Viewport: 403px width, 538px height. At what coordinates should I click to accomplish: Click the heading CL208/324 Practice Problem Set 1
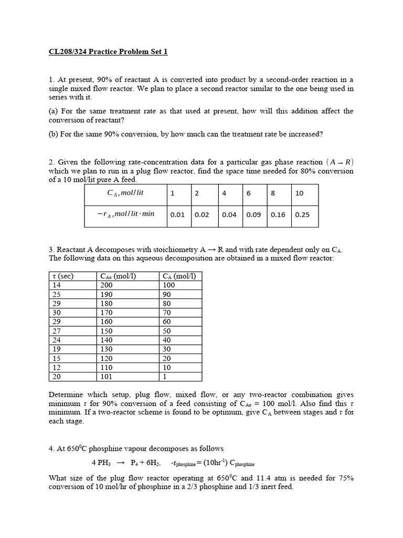pyautogui.click(x=108, y=51)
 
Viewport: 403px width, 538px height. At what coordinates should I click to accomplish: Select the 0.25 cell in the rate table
pyautogui.click(x=300, y=214)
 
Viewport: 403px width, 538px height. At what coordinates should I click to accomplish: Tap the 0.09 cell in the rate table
pyautogui.click(x=253, y=214)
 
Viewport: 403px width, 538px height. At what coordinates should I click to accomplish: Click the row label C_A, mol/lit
pyautogui.click(x=125, y=193)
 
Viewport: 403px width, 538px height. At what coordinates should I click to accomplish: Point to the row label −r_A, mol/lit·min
pyautogui.click(x=125, y=214)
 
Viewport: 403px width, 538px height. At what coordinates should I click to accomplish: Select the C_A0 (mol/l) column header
pyautogui.click(x=118, y=276)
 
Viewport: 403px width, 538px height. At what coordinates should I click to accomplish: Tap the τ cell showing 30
pyautogui.click(x=57, y=313)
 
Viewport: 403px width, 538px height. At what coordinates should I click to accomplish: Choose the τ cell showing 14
pyautogui.click(x=57, y=285)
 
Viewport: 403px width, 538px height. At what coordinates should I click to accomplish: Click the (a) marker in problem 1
pyautogui.click(x=54, y=111)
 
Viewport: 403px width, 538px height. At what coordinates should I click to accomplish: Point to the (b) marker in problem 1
pyautogui.click(x=54, y=134)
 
